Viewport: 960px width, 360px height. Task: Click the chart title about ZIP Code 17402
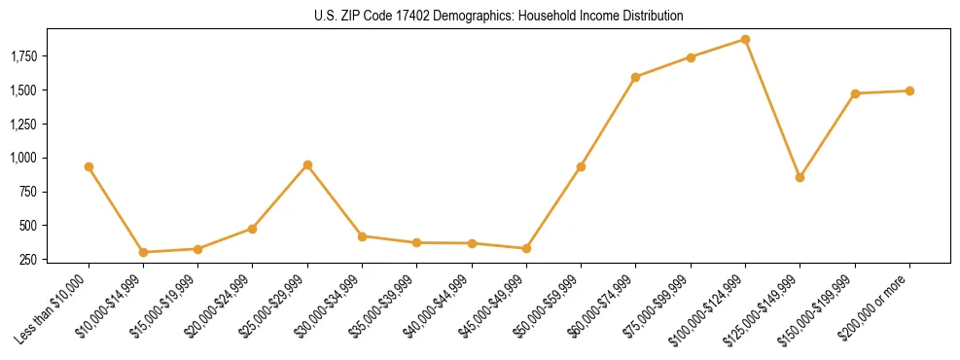(x=499, y=17)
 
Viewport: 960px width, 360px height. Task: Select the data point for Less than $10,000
(x=89, y=166)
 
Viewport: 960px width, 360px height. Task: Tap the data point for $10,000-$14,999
(x=143, y=252)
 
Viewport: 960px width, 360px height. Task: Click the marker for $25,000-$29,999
(x=307, y=164)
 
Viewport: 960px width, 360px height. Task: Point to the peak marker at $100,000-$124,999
(x=745, y=39)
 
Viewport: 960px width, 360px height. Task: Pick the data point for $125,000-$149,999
(x=800, y=177)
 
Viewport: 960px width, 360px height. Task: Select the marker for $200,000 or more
(x=909, y=90)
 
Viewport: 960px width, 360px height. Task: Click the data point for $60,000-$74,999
(x=635, y=77)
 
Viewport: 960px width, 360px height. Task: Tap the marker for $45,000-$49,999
(x=526, y=248)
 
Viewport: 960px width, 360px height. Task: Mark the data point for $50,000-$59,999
(x=581, y=166)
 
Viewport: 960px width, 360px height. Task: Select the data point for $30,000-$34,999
(x=362, y=236)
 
